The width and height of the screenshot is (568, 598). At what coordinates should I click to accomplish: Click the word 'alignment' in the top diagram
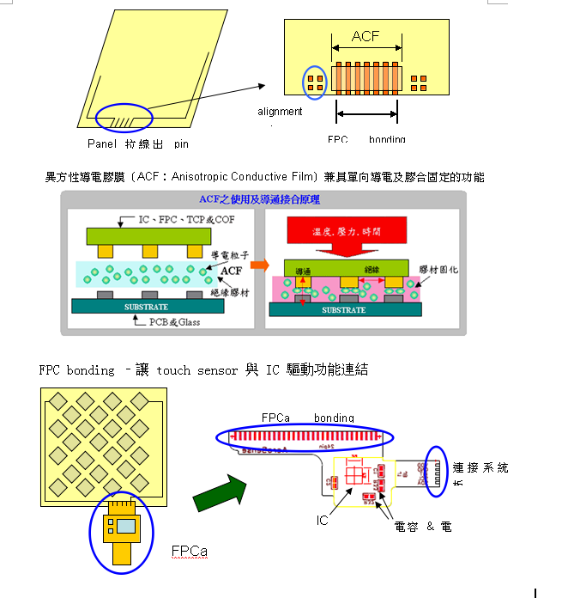pyautogui.click(x=280, y=112)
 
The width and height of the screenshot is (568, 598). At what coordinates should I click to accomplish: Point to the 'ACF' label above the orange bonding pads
pyautogui.click(x=366, y=37)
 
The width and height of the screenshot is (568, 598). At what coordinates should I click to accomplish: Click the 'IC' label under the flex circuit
pyautogui.click(x=323, y=520)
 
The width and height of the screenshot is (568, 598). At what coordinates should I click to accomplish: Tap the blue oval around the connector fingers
pyautogui.click(x=437, y=471)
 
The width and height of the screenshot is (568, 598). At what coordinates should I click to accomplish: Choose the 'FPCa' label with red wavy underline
pyautogui.click(x=188, y=551)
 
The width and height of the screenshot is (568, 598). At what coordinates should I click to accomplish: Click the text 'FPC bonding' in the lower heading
pyautogui.click(x=76, y=370)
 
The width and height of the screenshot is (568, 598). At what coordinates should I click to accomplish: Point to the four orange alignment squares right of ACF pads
pyautogui.click(x=419, y=82)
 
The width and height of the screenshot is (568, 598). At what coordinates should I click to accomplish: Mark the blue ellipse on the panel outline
pyautogui.click(x=124, y=116)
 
